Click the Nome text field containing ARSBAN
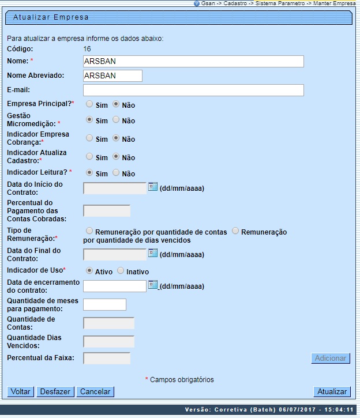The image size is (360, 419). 193,61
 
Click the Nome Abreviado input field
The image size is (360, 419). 112,76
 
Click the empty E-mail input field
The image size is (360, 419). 193,90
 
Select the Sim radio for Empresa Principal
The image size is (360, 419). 89,104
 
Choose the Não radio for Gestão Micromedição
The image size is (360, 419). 116,120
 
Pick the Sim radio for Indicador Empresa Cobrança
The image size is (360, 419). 89,138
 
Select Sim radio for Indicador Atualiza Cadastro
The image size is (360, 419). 89,157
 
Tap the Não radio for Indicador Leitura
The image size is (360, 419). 116,172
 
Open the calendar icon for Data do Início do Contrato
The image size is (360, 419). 153,187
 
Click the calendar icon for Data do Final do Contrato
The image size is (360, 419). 153,253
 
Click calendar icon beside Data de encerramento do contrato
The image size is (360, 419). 153,285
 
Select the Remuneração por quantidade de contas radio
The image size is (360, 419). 89,231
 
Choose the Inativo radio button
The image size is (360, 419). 121,271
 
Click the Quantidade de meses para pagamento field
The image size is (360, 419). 104,305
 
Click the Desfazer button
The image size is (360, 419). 55,391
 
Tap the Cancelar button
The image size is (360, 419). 95,391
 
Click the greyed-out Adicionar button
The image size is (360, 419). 331,358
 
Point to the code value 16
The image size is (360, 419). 88,49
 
